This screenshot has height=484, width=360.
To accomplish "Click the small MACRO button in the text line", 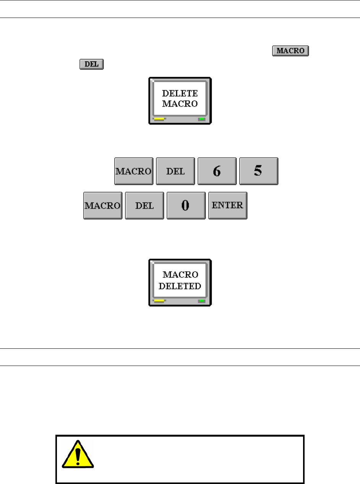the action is point(290,51).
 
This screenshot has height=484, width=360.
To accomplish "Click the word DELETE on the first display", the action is point(180,93).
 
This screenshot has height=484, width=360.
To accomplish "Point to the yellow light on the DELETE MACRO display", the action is point(159,119).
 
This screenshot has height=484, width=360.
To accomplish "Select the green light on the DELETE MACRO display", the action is point(201,119).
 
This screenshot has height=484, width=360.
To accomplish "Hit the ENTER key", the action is point(228,206).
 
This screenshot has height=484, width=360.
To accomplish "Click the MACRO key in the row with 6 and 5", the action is point(134,171).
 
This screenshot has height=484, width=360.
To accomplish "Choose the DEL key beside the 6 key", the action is point(176,171).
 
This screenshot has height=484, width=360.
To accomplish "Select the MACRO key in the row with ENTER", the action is point(103,206).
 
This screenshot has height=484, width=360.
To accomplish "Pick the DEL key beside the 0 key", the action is point(144,206).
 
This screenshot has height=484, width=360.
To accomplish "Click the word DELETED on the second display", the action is point(180,286).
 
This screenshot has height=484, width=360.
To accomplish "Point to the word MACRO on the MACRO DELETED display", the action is point(180,275).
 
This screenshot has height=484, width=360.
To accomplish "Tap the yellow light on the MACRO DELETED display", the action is point(159,301).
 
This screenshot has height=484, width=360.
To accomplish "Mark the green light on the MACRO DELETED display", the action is point(201,301).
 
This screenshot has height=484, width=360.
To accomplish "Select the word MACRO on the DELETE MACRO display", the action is point(180,103).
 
